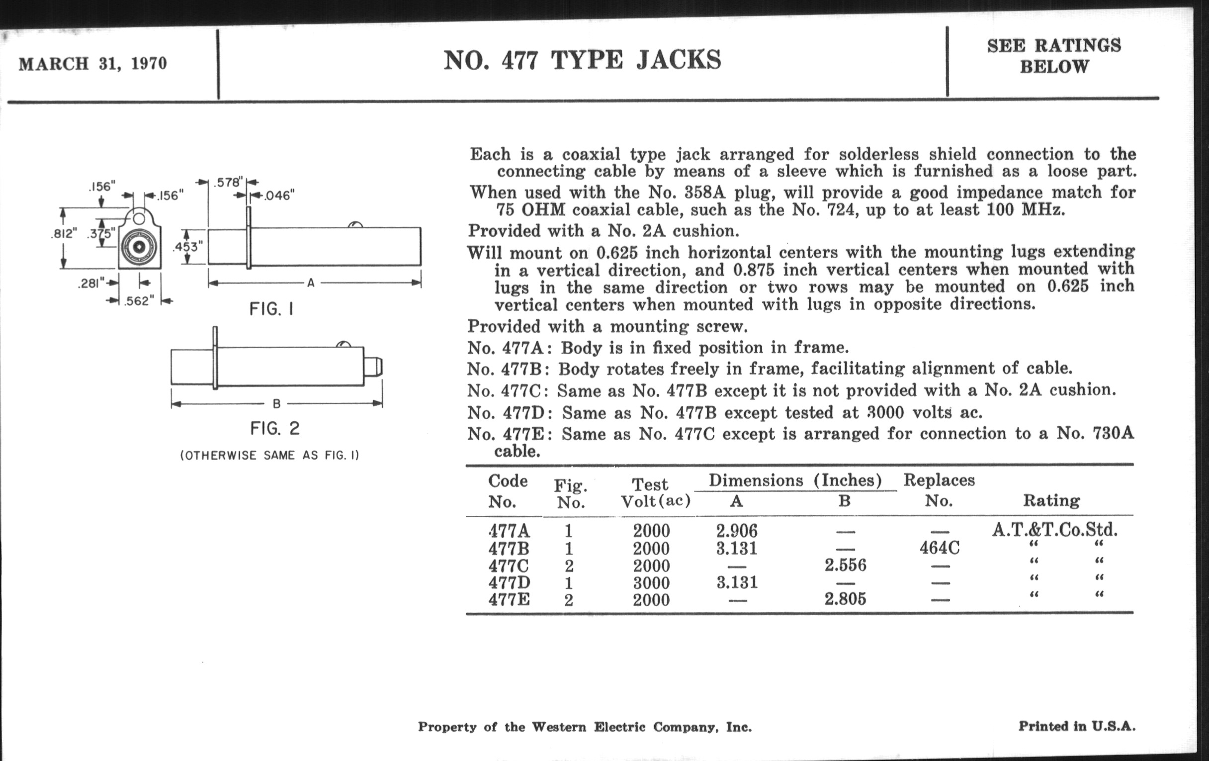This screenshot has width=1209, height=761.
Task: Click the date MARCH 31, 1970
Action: click(93, 64)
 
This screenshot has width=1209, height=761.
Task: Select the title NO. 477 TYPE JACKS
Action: click(582, 60)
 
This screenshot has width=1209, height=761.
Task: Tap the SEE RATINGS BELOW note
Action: click(1054, 56)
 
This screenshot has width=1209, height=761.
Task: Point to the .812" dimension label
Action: click(64, 234)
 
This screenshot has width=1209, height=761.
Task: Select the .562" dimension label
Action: click(139, 301)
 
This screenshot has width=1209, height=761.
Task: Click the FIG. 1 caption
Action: click(271, 309)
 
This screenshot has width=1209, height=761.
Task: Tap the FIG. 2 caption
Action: click(274, 428)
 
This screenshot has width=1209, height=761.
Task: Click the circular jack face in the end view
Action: click(139, 247)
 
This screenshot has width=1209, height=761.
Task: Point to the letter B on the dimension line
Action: click(276, 403)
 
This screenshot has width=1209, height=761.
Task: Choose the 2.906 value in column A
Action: click(737, 531)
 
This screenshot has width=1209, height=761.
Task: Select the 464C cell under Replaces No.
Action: click(940, 548)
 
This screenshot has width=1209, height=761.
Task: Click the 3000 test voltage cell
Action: click(651, 582)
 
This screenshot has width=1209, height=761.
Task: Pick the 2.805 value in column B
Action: click(845, 599)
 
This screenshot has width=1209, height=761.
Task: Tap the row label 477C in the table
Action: click(509, 566)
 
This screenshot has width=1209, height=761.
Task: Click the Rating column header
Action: click(1051, 500)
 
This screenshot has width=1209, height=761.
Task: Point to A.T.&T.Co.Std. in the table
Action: click(1054, 529)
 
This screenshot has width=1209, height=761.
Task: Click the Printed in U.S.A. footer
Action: click(1076, 726)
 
